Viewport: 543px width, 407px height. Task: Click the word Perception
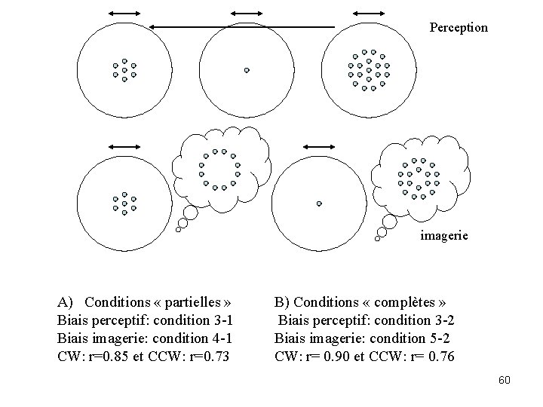pyautogui.click(x=459, y=28)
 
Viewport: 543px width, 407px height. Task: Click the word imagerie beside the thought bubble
pyautogui.click(x=443, y=235)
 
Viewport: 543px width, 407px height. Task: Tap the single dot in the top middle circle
pyautogui.click(x=247, y=70)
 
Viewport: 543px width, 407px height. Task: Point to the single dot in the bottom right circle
pyautogui.click(x=319, y=203)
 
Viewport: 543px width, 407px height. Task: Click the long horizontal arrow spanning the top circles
pyautogui.click(x=241, y=26)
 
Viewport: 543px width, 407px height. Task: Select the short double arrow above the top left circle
pyautogui.click(x=124, y=13)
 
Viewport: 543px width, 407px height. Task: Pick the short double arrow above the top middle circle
pyautogui.click(x=245, y=13)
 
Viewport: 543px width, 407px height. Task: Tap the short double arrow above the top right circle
pyautogui.click(x=368, y=13)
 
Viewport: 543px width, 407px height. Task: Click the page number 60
pyautogui.click(x=505, y=380)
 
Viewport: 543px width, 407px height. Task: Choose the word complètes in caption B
pyautogui.click(x=405, y=302)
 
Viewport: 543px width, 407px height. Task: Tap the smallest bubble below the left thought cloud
pyautogui.click(x=178, y=229)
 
